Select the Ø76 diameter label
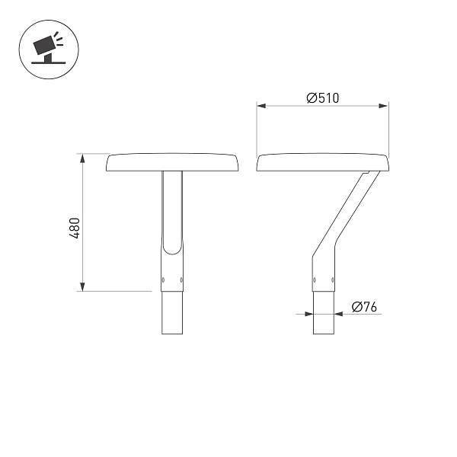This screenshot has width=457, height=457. (x=365, y=307)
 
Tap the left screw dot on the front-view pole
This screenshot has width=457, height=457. (x=163, y=280)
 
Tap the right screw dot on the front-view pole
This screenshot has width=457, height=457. (x=181, y=280)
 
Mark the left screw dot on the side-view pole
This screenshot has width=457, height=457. (x=315, y=280)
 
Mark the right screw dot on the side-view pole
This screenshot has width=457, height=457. (x=333, y=280)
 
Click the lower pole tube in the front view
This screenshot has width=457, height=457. (x=172, y=312)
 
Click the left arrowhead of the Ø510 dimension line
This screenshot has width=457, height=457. (x=260, y=107)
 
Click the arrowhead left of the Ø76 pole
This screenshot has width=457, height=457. (x=309, y=314)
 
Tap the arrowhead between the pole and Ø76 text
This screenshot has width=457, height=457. (x=338, y=314)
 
